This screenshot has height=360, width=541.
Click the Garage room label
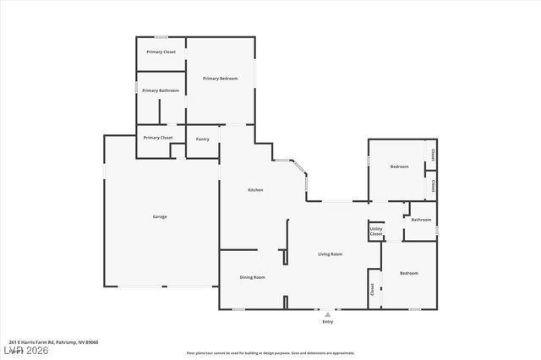[160, 216]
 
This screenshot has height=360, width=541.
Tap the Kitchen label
[255, 190]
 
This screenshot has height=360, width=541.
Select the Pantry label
[203, 139]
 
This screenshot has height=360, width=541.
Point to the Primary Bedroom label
[220, 79]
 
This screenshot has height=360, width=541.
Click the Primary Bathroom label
[160, 90]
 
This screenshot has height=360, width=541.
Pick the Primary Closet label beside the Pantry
[158, 137]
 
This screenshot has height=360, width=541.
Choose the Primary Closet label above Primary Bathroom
[161, 52]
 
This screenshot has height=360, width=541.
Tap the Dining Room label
[253, 277]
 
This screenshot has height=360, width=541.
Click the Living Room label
[330, 254]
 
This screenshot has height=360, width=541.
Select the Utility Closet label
[375, 232]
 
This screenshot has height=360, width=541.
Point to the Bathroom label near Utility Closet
[421, 220]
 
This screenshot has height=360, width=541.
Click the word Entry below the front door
[328, 322]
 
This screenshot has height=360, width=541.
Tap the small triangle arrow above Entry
[328, 314]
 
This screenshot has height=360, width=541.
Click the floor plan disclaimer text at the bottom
[270, 353]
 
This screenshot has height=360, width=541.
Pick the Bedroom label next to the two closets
[399, 166]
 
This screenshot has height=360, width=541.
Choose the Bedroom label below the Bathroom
[409, 273]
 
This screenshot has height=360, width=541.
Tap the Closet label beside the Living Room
[372, 288]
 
